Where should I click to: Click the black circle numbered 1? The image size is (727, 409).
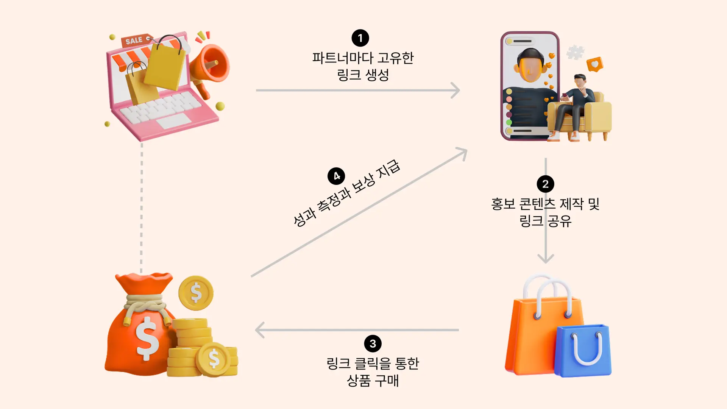point(360,38)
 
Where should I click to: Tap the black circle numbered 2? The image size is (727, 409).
point(545,184)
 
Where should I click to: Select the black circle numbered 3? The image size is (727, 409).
point(373,343)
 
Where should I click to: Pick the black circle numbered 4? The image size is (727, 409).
point(336,176)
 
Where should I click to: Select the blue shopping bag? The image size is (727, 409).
point(583,350)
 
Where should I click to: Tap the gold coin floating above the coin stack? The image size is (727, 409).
point(196,293)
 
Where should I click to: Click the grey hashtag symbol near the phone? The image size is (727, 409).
point(575,52)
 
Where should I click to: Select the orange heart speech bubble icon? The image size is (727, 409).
point(594,64)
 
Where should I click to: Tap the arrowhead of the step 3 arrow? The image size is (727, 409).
point(259,330)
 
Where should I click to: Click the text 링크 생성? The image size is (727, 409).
point(363,75)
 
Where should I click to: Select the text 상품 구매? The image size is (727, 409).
point(373,380)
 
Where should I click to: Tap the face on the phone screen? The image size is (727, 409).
point(530,67)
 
